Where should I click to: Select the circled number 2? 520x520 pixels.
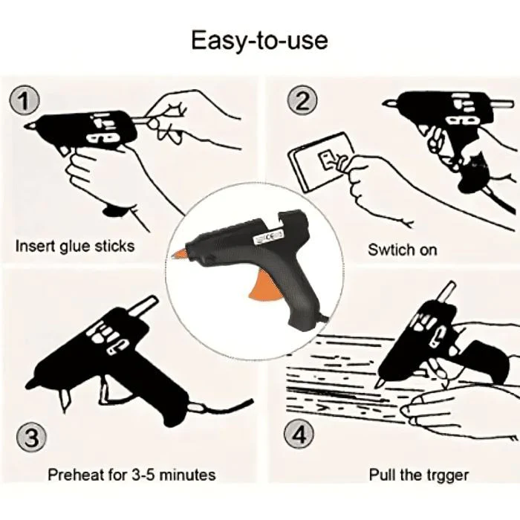point(302,100)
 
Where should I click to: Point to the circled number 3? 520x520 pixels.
point(30,437)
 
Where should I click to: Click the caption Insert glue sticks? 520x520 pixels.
point(75,246)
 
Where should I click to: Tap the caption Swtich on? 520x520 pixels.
point(403,250)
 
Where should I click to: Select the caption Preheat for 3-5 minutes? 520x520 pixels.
point(131,474)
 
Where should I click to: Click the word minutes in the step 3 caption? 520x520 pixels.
point(186,474)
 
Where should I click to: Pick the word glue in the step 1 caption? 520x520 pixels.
point(79,246)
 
